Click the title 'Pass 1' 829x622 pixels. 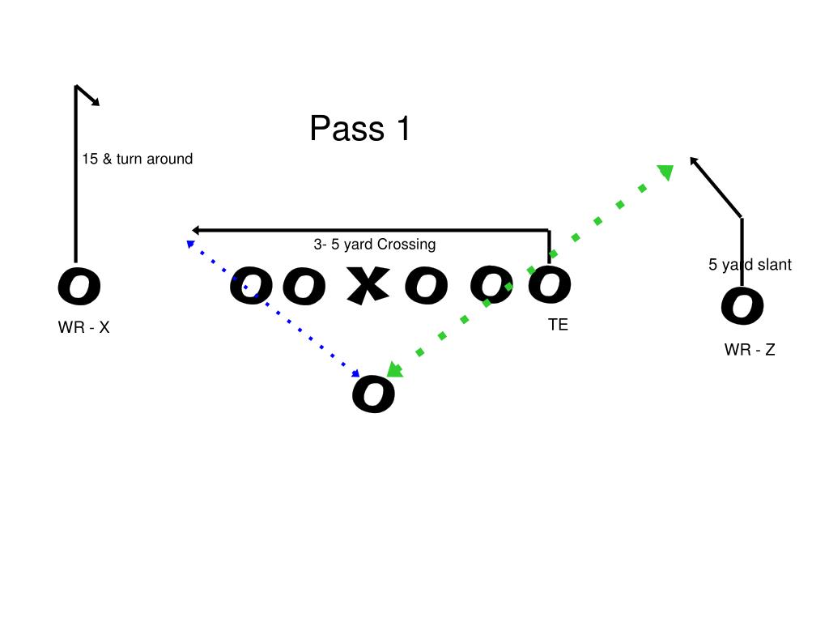[360, 129]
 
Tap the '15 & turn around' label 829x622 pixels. [137, 160]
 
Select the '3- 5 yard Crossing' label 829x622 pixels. [374, 245]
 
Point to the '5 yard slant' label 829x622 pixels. [750, 265]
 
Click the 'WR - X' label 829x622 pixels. [83, 328]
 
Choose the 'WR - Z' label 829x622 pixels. [750, 350]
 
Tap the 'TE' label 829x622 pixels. [558, 325]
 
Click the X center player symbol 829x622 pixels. [368, 286]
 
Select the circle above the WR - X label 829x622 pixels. [79, 287]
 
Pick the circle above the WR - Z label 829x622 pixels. [742, 306]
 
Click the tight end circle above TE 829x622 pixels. [550, 285]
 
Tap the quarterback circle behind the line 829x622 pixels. [373, 394]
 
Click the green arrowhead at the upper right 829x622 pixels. [665, 173]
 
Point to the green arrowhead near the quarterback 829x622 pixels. [394, 370]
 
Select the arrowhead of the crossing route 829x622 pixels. [195, 231]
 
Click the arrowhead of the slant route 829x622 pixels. [695, 162]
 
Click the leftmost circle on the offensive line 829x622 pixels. [251, 287]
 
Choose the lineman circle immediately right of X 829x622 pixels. [427, 286]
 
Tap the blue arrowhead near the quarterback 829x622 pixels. [355, 374]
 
